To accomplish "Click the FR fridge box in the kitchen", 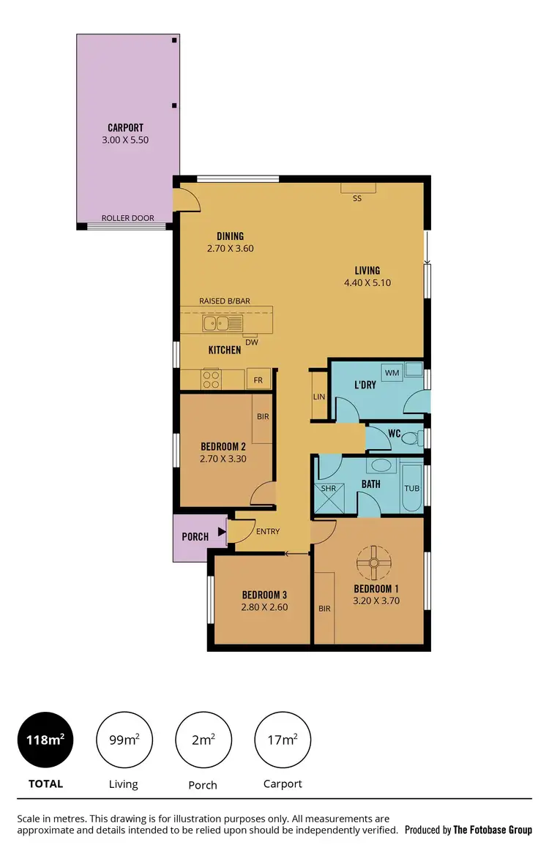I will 258,380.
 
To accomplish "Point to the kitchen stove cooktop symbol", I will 211,380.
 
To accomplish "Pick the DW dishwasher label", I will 251,342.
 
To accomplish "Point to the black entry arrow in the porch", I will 221,536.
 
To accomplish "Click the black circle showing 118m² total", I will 46,740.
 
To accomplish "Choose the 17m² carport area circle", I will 283,740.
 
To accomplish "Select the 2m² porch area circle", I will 203,740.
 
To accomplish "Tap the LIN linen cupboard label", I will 318,397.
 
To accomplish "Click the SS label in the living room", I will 357,198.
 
